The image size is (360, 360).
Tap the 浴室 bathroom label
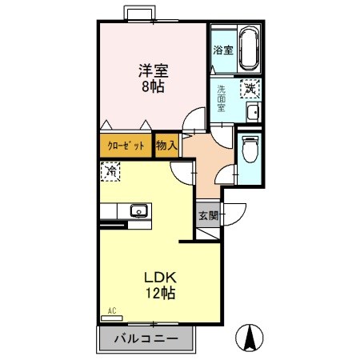click(x=222, y=50)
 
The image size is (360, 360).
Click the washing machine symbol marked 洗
click(x=250, y=90)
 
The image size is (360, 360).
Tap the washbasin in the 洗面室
click(x=253, y=112)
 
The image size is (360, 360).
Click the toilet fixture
click(x=250, y=149)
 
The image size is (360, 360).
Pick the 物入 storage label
click(x=166, y=146)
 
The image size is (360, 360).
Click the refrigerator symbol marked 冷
click(x=110, y=171)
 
